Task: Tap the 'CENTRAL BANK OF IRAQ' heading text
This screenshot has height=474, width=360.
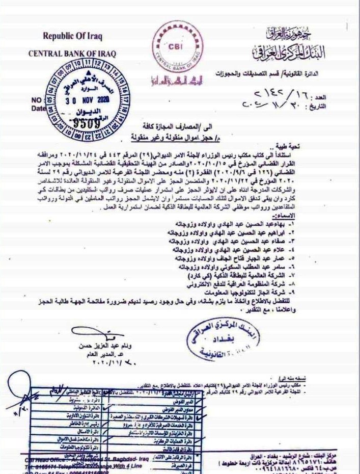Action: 72,53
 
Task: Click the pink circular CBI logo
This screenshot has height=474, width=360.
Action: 176,45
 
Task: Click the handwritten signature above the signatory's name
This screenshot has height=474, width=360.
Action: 94,334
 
